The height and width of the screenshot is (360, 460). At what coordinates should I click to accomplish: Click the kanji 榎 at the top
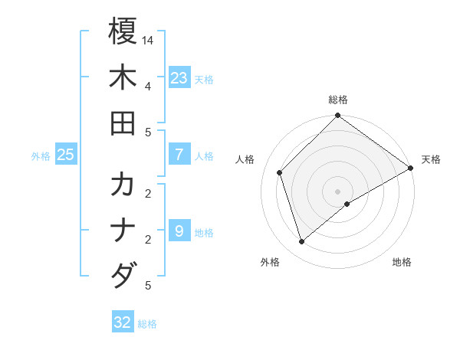tap(123, 32)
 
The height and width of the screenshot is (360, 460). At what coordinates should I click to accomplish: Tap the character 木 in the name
tap(123, 78)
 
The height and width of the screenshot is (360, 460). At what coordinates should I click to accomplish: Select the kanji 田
tap(123, 123)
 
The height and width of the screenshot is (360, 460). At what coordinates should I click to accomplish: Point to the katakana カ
tap(123, 185)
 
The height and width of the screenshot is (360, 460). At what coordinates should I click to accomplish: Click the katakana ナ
tap(123, 230)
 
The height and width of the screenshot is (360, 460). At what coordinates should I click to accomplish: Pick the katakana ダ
tap(123, 274)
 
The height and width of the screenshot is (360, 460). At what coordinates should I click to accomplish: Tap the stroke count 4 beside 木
tap(148, 85)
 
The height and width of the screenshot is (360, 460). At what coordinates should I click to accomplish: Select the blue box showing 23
tap(179, 78)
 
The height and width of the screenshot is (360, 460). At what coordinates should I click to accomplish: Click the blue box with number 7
tap(179, 155)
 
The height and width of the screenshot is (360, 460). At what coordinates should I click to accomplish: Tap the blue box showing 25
tap(66, 155)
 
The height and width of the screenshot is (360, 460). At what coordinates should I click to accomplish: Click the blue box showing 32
tap(123, 322)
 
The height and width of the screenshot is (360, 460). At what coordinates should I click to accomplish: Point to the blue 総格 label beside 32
tap(147, 324)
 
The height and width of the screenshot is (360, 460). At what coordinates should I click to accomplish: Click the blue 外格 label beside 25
tap(41, 156)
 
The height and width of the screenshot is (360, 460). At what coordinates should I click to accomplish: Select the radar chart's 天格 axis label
tap(431, 159)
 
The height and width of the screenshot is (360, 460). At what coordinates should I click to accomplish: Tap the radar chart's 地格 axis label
tap(402, 262)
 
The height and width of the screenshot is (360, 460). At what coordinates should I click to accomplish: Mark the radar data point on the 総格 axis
tap(337, 116)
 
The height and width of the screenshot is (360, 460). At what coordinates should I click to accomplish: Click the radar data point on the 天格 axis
tap(410, 168)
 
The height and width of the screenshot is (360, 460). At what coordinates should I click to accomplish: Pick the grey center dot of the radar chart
tap(337, 191)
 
